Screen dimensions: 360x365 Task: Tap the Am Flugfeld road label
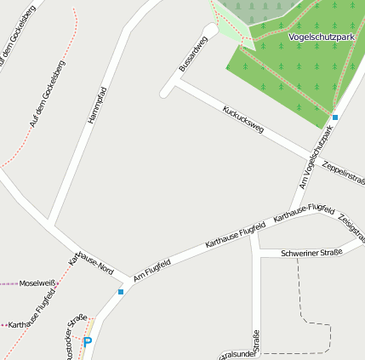click(x=152, y=270)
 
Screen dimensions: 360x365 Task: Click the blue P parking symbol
click(x=87, y=342)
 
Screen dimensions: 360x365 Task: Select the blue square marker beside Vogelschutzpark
click(x=335, y=117)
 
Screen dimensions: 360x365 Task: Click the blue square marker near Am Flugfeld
click(x=121, y=292)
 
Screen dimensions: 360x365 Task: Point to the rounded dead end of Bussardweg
click(x=166, y=89)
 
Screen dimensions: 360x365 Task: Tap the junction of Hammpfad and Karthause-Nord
click(x=52, y=227)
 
